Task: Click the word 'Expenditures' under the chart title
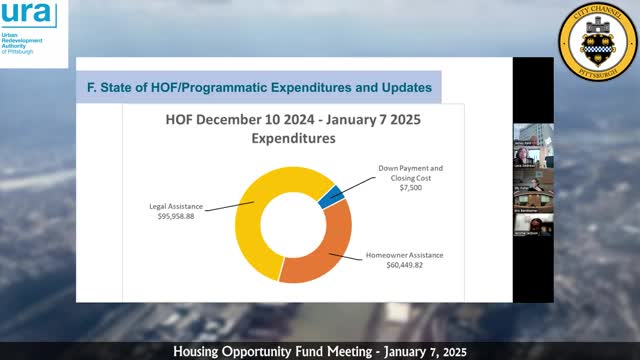click(290, 140)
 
